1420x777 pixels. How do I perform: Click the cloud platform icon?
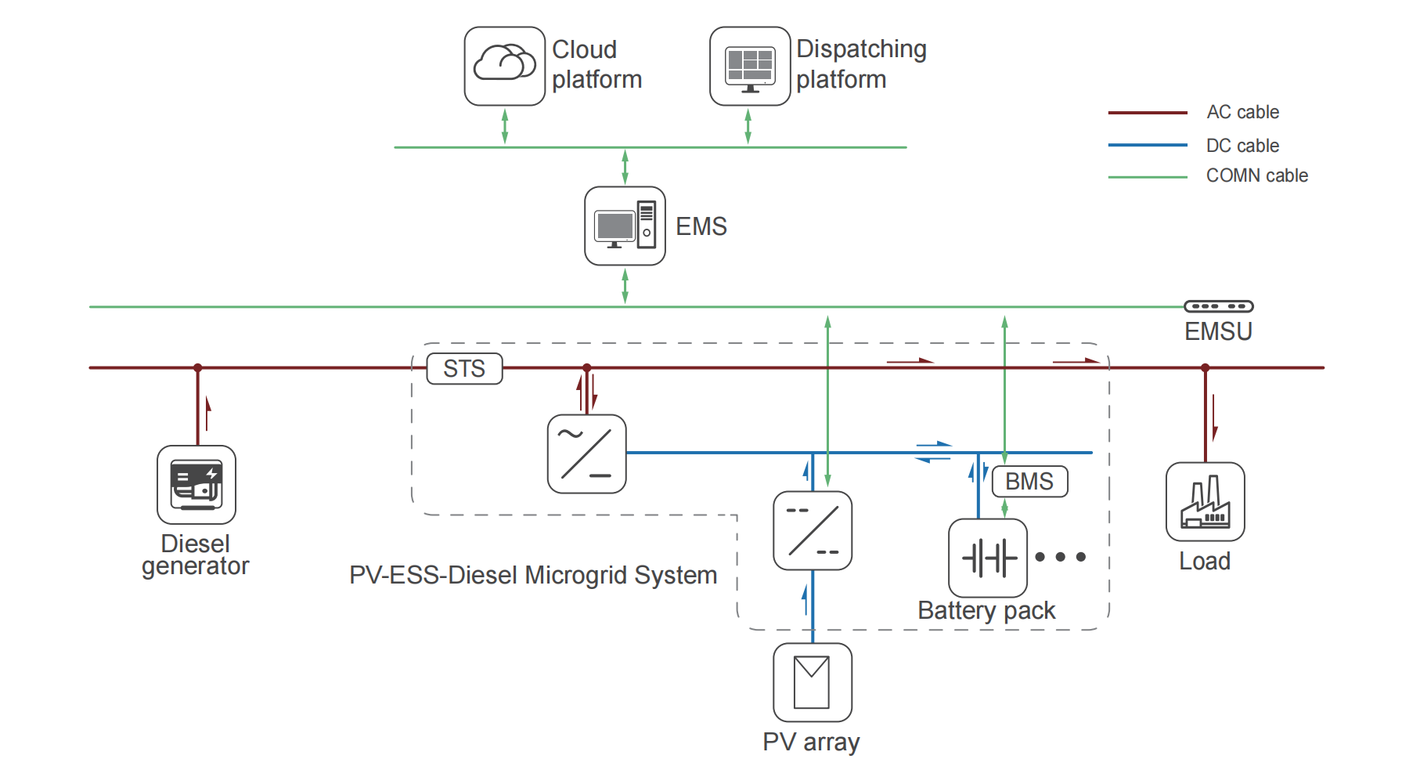pos(505,66)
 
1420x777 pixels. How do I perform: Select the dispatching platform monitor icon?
pos(750,66)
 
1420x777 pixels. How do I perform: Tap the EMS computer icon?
pos(625,226)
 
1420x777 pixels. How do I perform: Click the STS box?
pos(464,368)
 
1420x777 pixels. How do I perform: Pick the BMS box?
pos(1029,481)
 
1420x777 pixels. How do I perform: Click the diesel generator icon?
pos(196,484)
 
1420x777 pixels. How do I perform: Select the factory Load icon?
pos(1205,501)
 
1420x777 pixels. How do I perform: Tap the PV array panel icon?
pos(812,681)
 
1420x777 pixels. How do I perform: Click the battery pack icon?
pos(988,558)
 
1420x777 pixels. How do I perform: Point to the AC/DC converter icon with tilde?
pos(586,454)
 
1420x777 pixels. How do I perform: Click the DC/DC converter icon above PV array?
pos(812,530)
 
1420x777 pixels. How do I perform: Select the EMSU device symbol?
pos(1218,306)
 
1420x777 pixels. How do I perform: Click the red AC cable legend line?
pos(1148,113)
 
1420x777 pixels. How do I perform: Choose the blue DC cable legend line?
pos(1148,145)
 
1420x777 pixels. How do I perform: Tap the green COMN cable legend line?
pos(1148,177)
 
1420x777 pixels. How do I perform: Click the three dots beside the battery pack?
pos(1060,557)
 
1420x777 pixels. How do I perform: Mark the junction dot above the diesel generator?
pos(198,367)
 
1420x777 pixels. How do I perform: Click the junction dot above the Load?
pos(1205,367)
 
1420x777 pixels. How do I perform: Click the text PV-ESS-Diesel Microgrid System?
pos(533,575)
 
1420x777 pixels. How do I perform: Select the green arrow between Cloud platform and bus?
pos(505,126)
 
